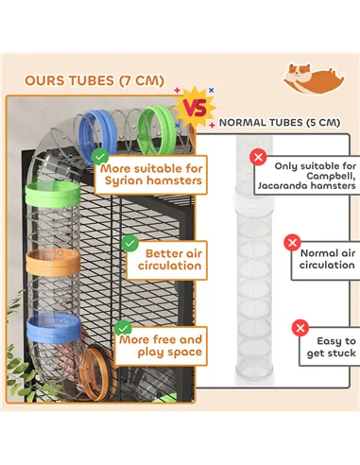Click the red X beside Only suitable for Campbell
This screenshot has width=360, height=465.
pyautogui.click(x=257, y=157)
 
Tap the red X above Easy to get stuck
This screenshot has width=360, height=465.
pyautogui.click(x=300, y=328)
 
